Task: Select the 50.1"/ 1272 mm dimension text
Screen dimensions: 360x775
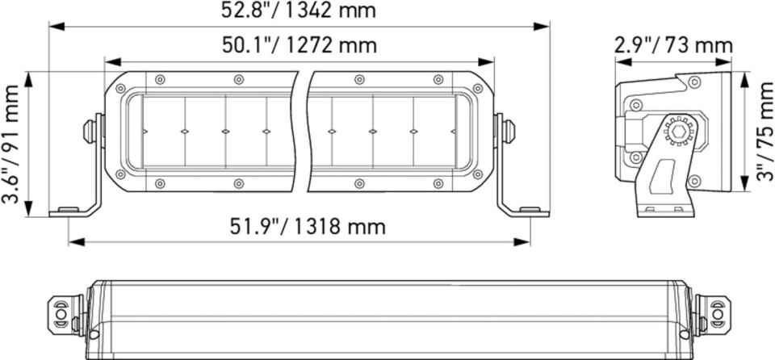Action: coord(300,45)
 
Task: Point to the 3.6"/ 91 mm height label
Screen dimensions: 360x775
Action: coord(12,145)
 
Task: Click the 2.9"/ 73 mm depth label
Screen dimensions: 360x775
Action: coord(673,45)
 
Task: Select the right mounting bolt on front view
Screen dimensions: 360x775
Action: coord(509,131)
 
